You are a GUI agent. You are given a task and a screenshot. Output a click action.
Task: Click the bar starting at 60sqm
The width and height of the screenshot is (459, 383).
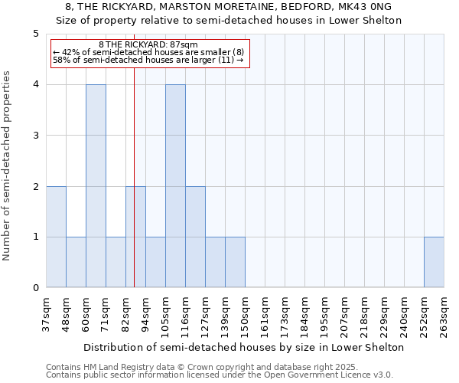click(96, 186)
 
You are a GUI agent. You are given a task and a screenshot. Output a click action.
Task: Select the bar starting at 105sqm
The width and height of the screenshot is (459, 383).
click(175, 186)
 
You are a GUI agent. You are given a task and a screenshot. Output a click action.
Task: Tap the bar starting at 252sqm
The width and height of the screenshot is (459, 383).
click(434, 262)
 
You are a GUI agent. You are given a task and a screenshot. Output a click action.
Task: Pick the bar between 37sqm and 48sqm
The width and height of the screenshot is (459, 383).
click(56, 237)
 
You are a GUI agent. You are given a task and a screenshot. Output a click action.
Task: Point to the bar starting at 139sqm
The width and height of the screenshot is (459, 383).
click(235, 262)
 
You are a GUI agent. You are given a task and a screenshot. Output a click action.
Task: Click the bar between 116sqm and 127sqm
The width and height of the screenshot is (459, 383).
click(195, 237)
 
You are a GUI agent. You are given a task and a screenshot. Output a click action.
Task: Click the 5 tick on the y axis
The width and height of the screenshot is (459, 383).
click(36, 34)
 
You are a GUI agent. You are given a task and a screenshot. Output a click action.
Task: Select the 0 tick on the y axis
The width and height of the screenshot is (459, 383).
click(36, 288)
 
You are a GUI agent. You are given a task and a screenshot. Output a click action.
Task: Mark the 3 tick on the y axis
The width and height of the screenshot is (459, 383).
click(36, 136)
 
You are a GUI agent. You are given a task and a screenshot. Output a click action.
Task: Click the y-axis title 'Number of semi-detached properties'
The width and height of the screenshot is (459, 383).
click(8, 165)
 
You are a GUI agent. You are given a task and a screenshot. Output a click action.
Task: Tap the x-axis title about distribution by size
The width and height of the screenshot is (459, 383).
click(243, 347)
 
